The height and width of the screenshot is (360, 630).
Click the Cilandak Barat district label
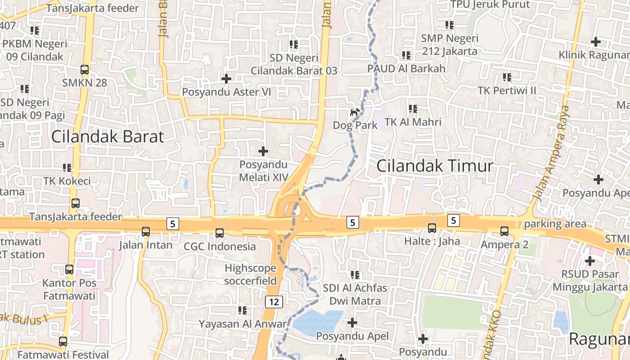pyautogui.click(x=107, y=136)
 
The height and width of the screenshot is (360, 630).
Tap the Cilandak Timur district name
pyautogui.click(x=434, y=166)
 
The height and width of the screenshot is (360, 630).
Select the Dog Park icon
pyautogui.click(x=355, y=112)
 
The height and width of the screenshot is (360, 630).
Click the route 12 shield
pyautogui.click(x=274, y=302)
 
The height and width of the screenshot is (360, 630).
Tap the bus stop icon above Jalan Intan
pyautogui.click(x=146, y=232)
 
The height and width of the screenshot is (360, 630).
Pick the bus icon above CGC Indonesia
pyautogui.click(x=220, y=233)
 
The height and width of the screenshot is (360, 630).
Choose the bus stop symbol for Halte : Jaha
pyautogui.click(x=432, y=228)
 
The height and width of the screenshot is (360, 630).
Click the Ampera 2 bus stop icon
pyautogui.click(x=504, y=231)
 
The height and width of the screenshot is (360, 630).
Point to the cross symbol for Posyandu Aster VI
pyautogui.click(x=226, y=79)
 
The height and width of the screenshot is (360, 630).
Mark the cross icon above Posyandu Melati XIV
pyautogui.click(x=263, y=151)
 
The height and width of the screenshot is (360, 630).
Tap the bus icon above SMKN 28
pyautogui.click(x=85, y=69)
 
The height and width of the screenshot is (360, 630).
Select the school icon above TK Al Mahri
pyautogui.click(x=413, y=109)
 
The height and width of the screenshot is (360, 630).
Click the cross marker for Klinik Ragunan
pyautogui.click(x=596, y=42)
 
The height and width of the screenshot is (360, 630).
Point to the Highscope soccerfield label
pyautogui.click(x=250, y=274)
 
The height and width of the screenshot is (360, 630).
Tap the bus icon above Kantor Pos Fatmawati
pyautogui.click(x=69, y=270)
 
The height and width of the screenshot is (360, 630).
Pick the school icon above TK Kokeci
pyautogui.click(x=67, y=168)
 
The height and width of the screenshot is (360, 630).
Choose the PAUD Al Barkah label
pyautogui.click(x=406, y=68)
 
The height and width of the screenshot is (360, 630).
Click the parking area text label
pyautogui.click(x=555, y=224)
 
